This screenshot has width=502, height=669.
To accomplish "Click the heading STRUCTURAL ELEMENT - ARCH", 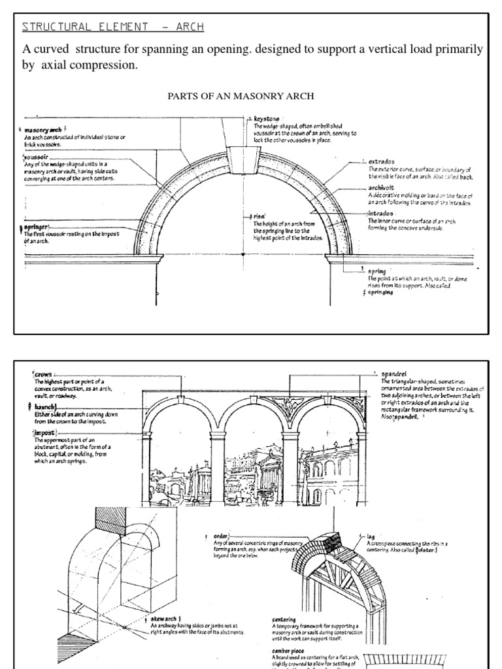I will point(112,27).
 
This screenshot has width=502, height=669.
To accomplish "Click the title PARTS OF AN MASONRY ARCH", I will point(241,96).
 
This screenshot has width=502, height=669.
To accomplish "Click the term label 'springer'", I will point(38,227).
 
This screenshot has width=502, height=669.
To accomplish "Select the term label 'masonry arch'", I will point(43,129).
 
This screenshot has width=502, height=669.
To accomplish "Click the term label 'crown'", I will point(44,374).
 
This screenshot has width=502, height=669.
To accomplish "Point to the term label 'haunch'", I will point(47,406).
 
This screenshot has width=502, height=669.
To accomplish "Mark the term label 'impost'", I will point(46,432).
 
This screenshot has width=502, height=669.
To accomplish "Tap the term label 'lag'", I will point(371,535).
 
